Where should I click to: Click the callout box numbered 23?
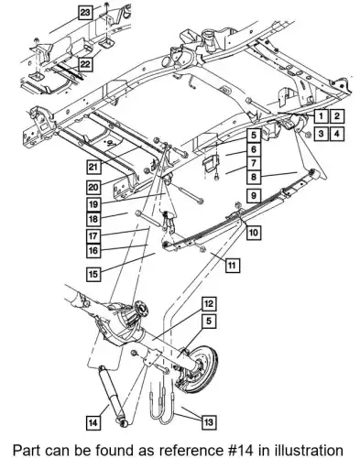tap(85, 13)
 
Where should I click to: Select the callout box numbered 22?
tap(86, 64)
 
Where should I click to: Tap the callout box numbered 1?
tap(321, 116)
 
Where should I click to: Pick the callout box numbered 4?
tap(337, 134)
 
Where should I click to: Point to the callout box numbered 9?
tap(254, 195)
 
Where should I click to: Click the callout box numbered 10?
tap(254, 233)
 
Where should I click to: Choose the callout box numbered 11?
tap(233, 265)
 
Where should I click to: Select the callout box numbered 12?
tap(209, 304)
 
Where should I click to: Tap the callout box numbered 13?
tap(209, 422)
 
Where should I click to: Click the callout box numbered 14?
tap(93, 422)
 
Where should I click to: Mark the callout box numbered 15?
tap(93, 274)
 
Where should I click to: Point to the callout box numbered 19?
tap(93, 204)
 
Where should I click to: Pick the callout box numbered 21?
tap(93, 167)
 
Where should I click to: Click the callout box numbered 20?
tap(93, 187)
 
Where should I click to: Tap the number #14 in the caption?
tap(244, 450)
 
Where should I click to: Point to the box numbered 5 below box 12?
tap(209, 322)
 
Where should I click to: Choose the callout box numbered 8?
tap(254, 177)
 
